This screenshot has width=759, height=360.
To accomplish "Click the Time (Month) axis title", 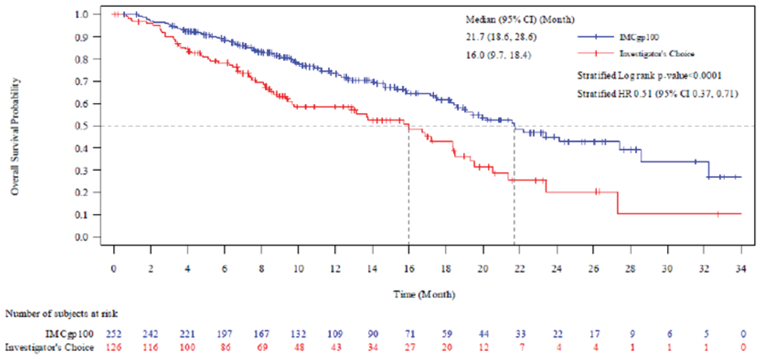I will (x=424, y=295).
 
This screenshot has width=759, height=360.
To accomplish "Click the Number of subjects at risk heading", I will (x=62, y=314).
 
